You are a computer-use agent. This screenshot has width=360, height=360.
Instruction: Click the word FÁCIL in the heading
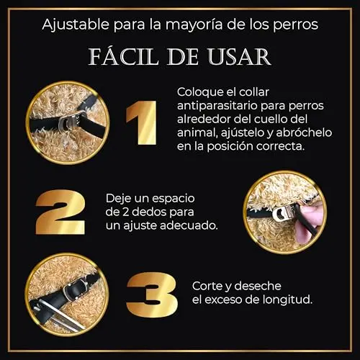124,56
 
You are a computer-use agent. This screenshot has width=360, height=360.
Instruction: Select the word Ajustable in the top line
76,24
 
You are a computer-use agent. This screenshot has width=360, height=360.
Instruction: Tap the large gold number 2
60,212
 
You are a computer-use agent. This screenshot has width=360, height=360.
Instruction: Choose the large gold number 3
152,294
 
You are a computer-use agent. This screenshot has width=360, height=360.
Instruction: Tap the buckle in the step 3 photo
75,289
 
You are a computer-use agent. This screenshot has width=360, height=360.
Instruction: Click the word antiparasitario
217,106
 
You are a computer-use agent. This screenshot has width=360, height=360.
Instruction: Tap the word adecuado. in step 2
189,225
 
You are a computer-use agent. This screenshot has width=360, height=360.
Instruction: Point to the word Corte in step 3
207,286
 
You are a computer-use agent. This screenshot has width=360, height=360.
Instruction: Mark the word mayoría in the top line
194,25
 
